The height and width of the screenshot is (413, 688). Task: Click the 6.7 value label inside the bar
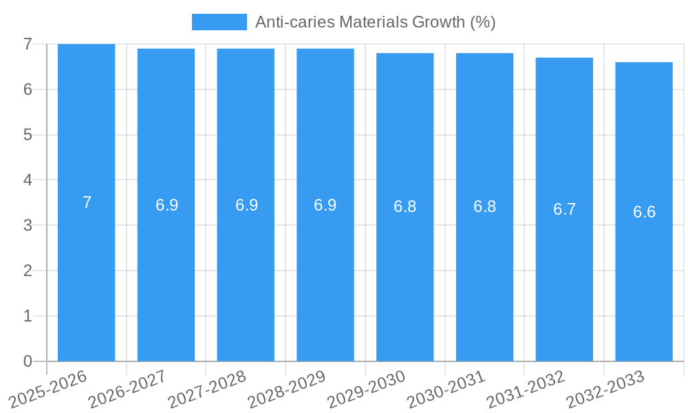(564, 210)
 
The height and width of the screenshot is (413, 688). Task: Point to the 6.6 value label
(644, 212)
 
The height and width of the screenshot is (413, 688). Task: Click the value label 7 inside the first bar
(87, 202)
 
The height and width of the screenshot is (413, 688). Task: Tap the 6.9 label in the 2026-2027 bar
(166, 205)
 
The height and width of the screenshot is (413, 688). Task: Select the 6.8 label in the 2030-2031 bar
(484, 206)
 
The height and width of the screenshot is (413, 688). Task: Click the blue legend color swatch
(219, 22)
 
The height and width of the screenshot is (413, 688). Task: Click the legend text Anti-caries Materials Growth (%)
(375, 22)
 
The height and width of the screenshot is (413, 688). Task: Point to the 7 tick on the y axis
(28, 44)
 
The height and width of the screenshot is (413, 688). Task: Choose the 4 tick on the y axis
(28, 180)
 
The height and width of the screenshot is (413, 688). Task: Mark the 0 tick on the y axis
(28, 361)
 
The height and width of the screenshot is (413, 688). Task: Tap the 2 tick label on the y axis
(28, 271)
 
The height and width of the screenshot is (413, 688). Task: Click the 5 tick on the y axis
(28, 135)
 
